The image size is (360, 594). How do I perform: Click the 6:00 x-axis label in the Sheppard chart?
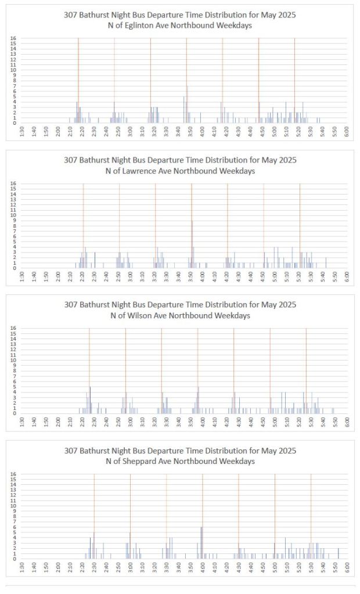[x=347, y=567]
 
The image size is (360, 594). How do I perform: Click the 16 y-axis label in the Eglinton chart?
[x=13, y=38]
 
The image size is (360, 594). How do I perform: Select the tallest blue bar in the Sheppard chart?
[x=201, y=542]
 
